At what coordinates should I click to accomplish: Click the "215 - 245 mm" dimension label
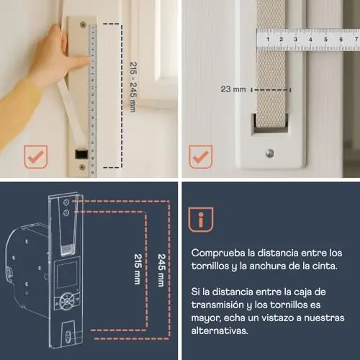coord(133,87)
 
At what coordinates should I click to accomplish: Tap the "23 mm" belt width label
coord(233,89)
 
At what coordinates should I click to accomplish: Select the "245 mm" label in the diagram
coord(162,270)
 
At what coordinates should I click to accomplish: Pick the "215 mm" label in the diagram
coord(138,269)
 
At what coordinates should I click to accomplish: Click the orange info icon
coord(201,220)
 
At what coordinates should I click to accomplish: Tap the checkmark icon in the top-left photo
coord(35,157)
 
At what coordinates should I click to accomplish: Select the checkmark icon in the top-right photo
coord(201,156)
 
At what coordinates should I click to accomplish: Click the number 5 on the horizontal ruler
coord(325,40)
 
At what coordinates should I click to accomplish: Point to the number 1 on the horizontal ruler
coord(268,39)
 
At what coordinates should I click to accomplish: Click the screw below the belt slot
coord(270,153)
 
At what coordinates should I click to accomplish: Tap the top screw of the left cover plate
coord(83,24)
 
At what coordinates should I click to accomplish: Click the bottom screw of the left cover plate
coord(82,167)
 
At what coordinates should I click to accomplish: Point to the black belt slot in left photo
coord(81,154)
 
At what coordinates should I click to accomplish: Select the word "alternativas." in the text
coord(220,330)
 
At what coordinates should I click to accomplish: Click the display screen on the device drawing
coord(66,275)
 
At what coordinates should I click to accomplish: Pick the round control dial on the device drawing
coord(67,300)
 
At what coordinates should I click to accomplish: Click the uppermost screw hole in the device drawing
coord(66,202)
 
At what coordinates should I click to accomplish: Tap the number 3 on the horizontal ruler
coord(296,39)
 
